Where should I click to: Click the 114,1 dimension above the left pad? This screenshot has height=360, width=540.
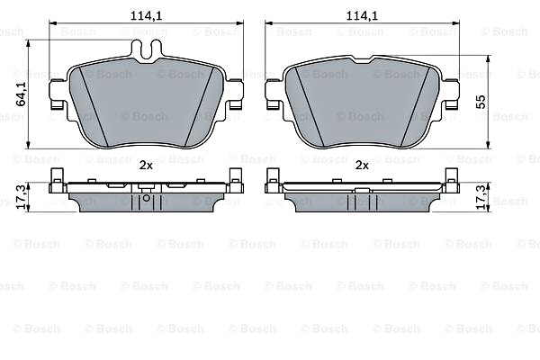(146, 15)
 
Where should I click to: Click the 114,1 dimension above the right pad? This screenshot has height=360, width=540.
(362, 15)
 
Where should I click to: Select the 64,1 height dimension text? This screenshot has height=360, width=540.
(22, 94)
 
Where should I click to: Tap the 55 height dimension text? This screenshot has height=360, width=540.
(481, 102)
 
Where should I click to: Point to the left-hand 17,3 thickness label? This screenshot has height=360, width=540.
(22, 197)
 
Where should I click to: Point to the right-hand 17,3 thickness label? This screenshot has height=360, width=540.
(482, 197)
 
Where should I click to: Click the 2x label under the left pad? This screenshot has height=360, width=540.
(146, 166)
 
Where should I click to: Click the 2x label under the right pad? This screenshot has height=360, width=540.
(362, 166)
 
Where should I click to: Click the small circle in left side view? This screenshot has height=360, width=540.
(147, 198)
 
